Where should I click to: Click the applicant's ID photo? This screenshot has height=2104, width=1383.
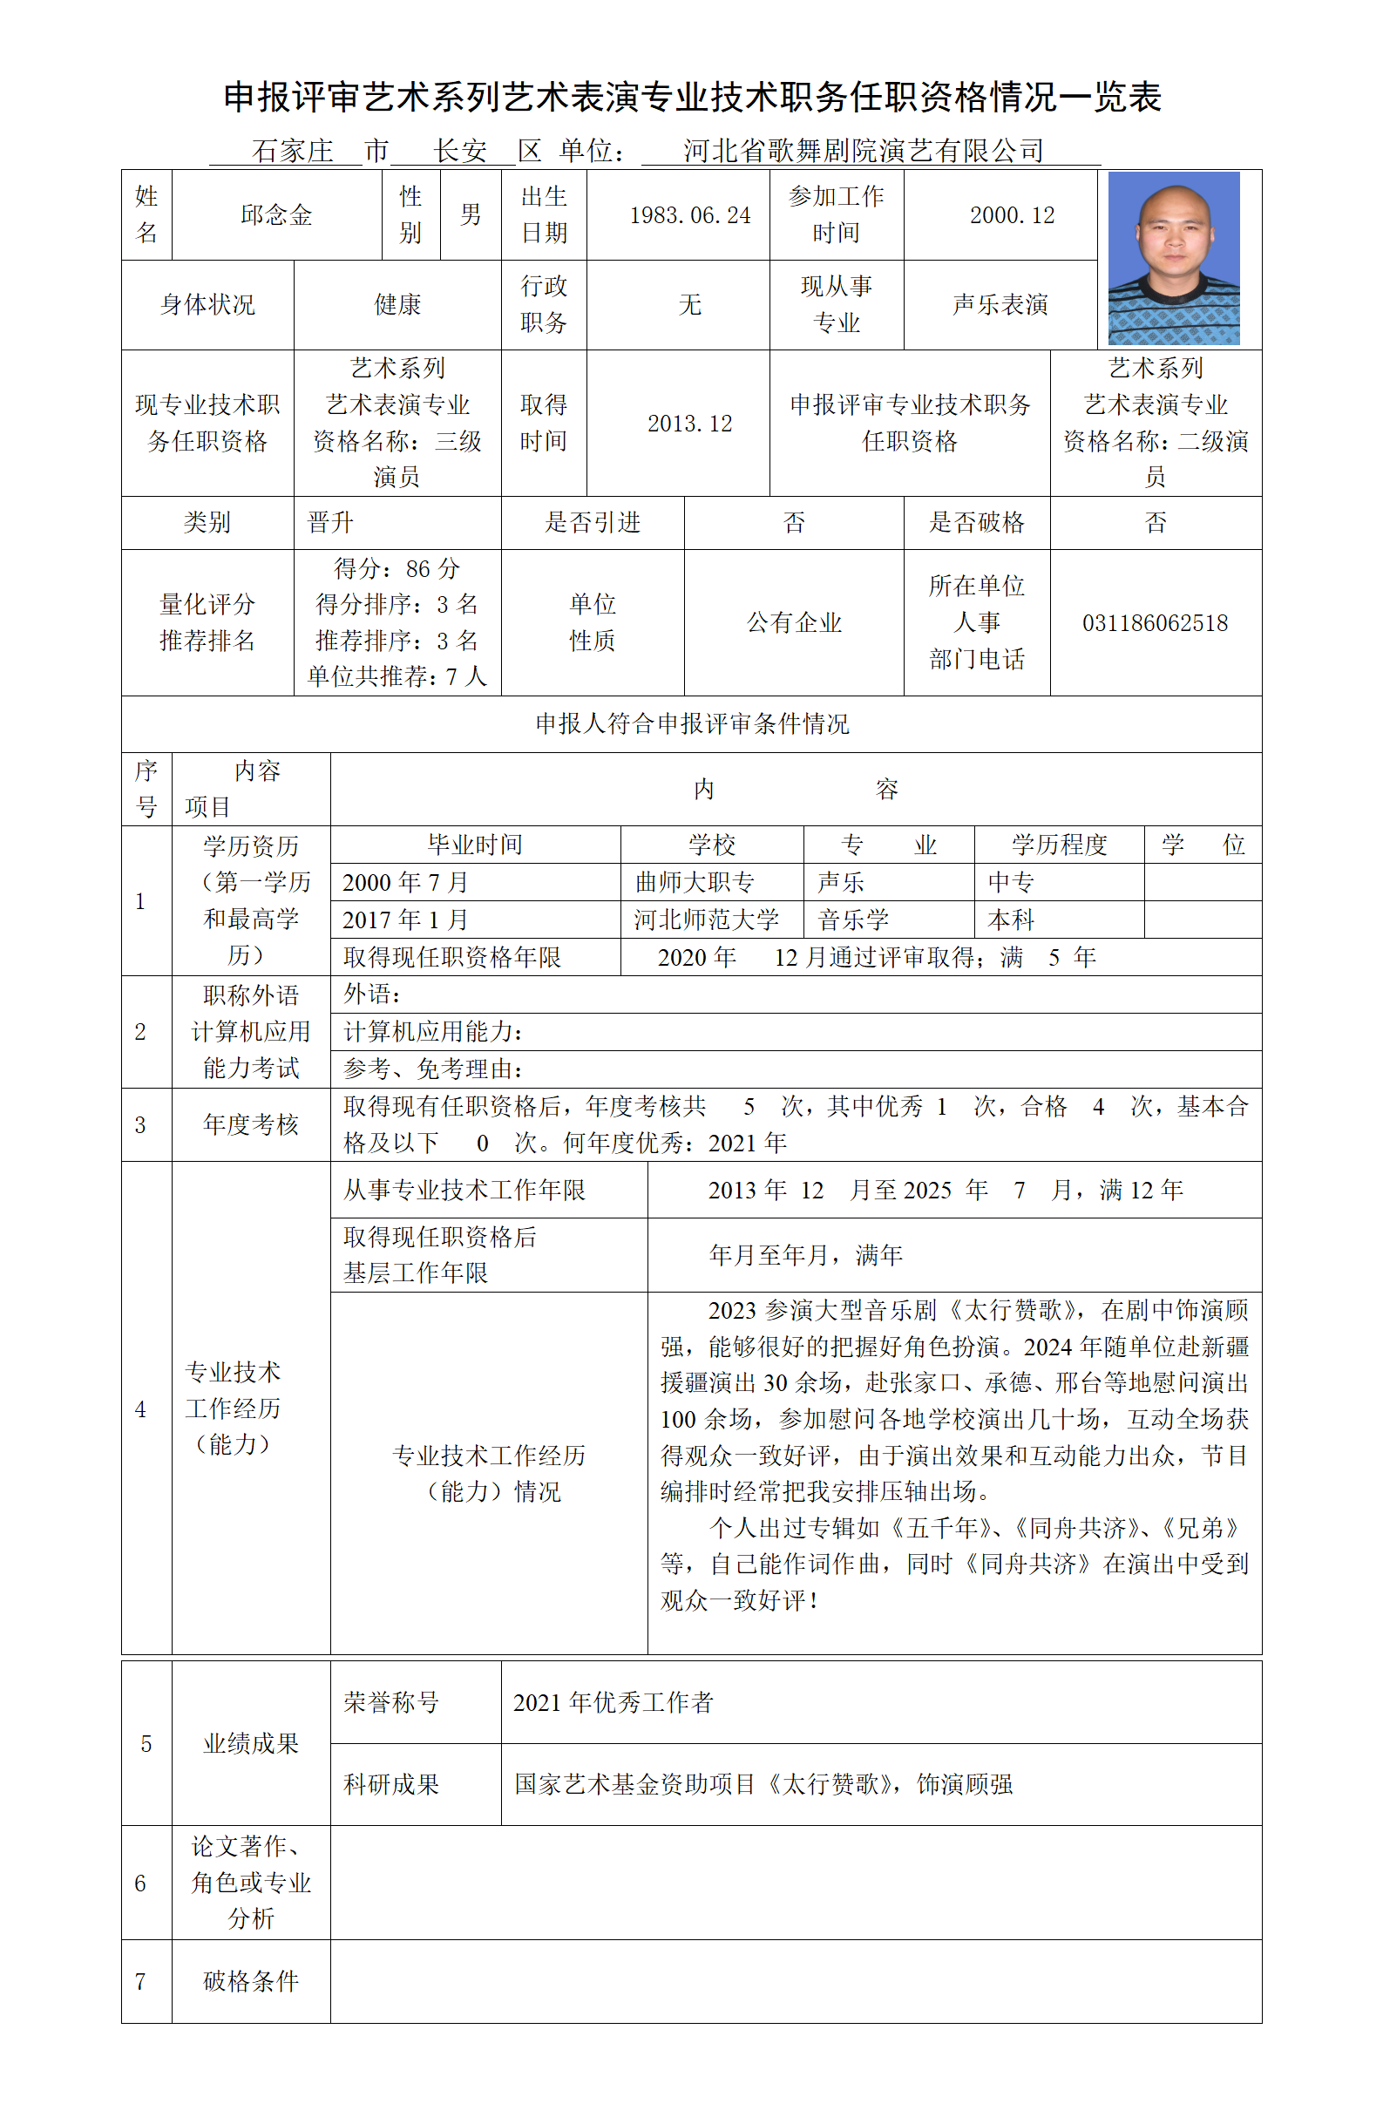click(1173, 258)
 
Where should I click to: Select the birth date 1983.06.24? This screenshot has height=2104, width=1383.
click(689, 215)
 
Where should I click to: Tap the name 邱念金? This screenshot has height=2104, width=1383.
click(276, 214)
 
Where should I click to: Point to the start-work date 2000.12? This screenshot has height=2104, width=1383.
click(1012, 215)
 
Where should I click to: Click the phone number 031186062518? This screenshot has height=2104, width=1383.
click(1154, 623)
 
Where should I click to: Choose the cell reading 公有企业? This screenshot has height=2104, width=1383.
click(794, 623)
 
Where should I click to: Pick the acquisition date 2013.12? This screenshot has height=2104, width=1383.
click(689, 424)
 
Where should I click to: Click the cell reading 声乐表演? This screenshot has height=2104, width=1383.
click(1000, 305)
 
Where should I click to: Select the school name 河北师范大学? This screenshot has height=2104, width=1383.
click(706, 920)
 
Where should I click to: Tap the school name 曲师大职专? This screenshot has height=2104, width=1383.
click(695, 882)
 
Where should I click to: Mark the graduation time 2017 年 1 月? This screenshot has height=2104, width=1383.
click(405, 920)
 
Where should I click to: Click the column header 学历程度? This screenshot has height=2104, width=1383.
click(1059, 845)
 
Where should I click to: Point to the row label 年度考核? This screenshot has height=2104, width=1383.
click(251, 1124)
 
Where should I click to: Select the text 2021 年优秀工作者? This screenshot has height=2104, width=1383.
click(613, 1703)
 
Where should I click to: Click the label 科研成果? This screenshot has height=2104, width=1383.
click(391, 1784)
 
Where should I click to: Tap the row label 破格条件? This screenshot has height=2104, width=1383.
click(251, 1981)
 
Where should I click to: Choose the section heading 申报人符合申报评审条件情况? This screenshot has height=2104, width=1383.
click(692, 724)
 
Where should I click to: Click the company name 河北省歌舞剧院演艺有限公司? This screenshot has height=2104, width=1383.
click(864, 151)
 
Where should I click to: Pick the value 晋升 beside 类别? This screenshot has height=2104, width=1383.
click(330, 522)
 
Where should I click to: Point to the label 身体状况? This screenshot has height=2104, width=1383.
click(207, 305)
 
